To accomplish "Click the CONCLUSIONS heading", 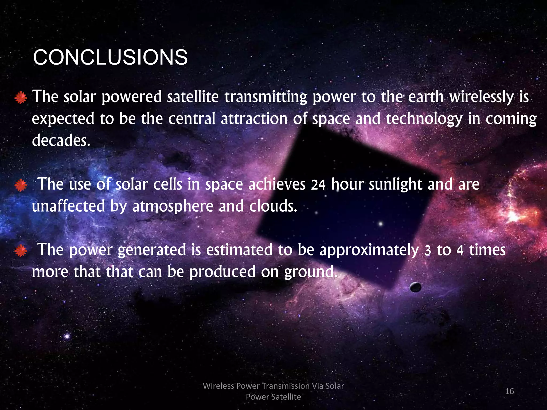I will pyautogui.click(x=110, y=57).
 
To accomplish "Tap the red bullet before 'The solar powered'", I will pyautogui.click(x=21, y=98).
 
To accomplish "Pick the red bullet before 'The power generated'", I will pyautogui.click(x=21, y=251).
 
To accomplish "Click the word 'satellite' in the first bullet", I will pyautogui.click(x=193, y=97).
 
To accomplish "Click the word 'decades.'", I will pyautogui.click(x=61, y=140).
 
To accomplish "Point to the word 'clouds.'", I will pyautogui.click(x=273, y=206).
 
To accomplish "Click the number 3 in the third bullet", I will pyautogui.click(x=428, y=250).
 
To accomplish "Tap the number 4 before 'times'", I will pyautogui.click(x=460, y=250).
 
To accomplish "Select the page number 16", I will pyautogui.click(x=509, y=391).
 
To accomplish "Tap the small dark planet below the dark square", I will pyautogui.click(x=416, y=287).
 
